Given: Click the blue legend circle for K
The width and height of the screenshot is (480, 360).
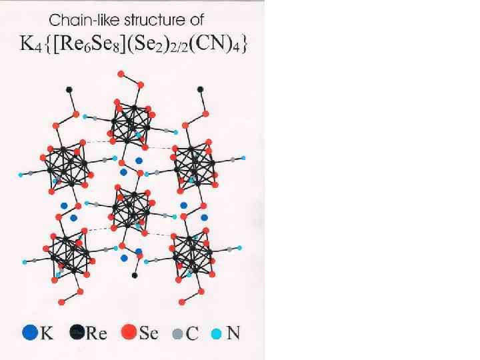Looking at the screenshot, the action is point(29,331).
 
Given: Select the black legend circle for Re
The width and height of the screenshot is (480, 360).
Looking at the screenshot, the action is point(77,331).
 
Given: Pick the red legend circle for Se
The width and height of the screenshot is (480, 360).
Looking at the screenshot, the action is point(130,331).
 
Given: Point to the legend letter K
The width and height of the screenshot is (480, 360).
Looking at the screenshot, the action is point(47,332).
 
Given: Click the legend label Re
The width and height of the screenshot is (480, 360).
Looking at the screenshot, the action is point(97,332).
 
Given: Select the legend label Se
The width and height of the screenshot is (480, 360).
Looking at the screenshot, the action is point(149,332).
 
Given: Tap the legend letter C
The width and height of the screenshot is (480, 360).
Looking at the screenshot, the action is point(192,333).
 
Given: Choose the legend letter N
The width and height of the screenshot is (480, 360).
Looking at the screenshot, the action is point(233,332).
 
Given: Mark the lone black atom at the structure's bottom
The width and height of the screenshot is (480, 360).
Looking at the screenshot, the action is point(135,275).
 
